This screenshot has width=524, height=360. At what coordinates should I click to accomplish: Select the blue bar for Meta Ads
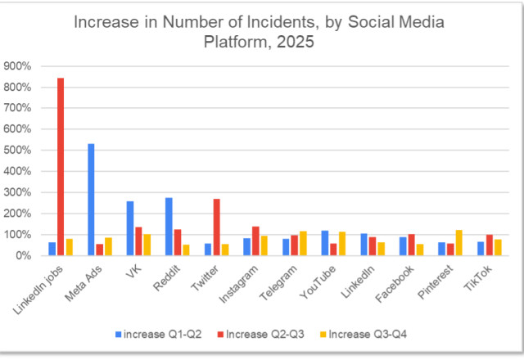(x=91, y=200)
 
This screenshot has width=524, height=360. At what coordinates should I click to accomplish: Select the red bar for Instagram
(x=255, y=241)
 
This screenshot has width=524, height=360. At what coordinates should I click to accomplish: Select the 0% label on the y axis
(x=24, y=256)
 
